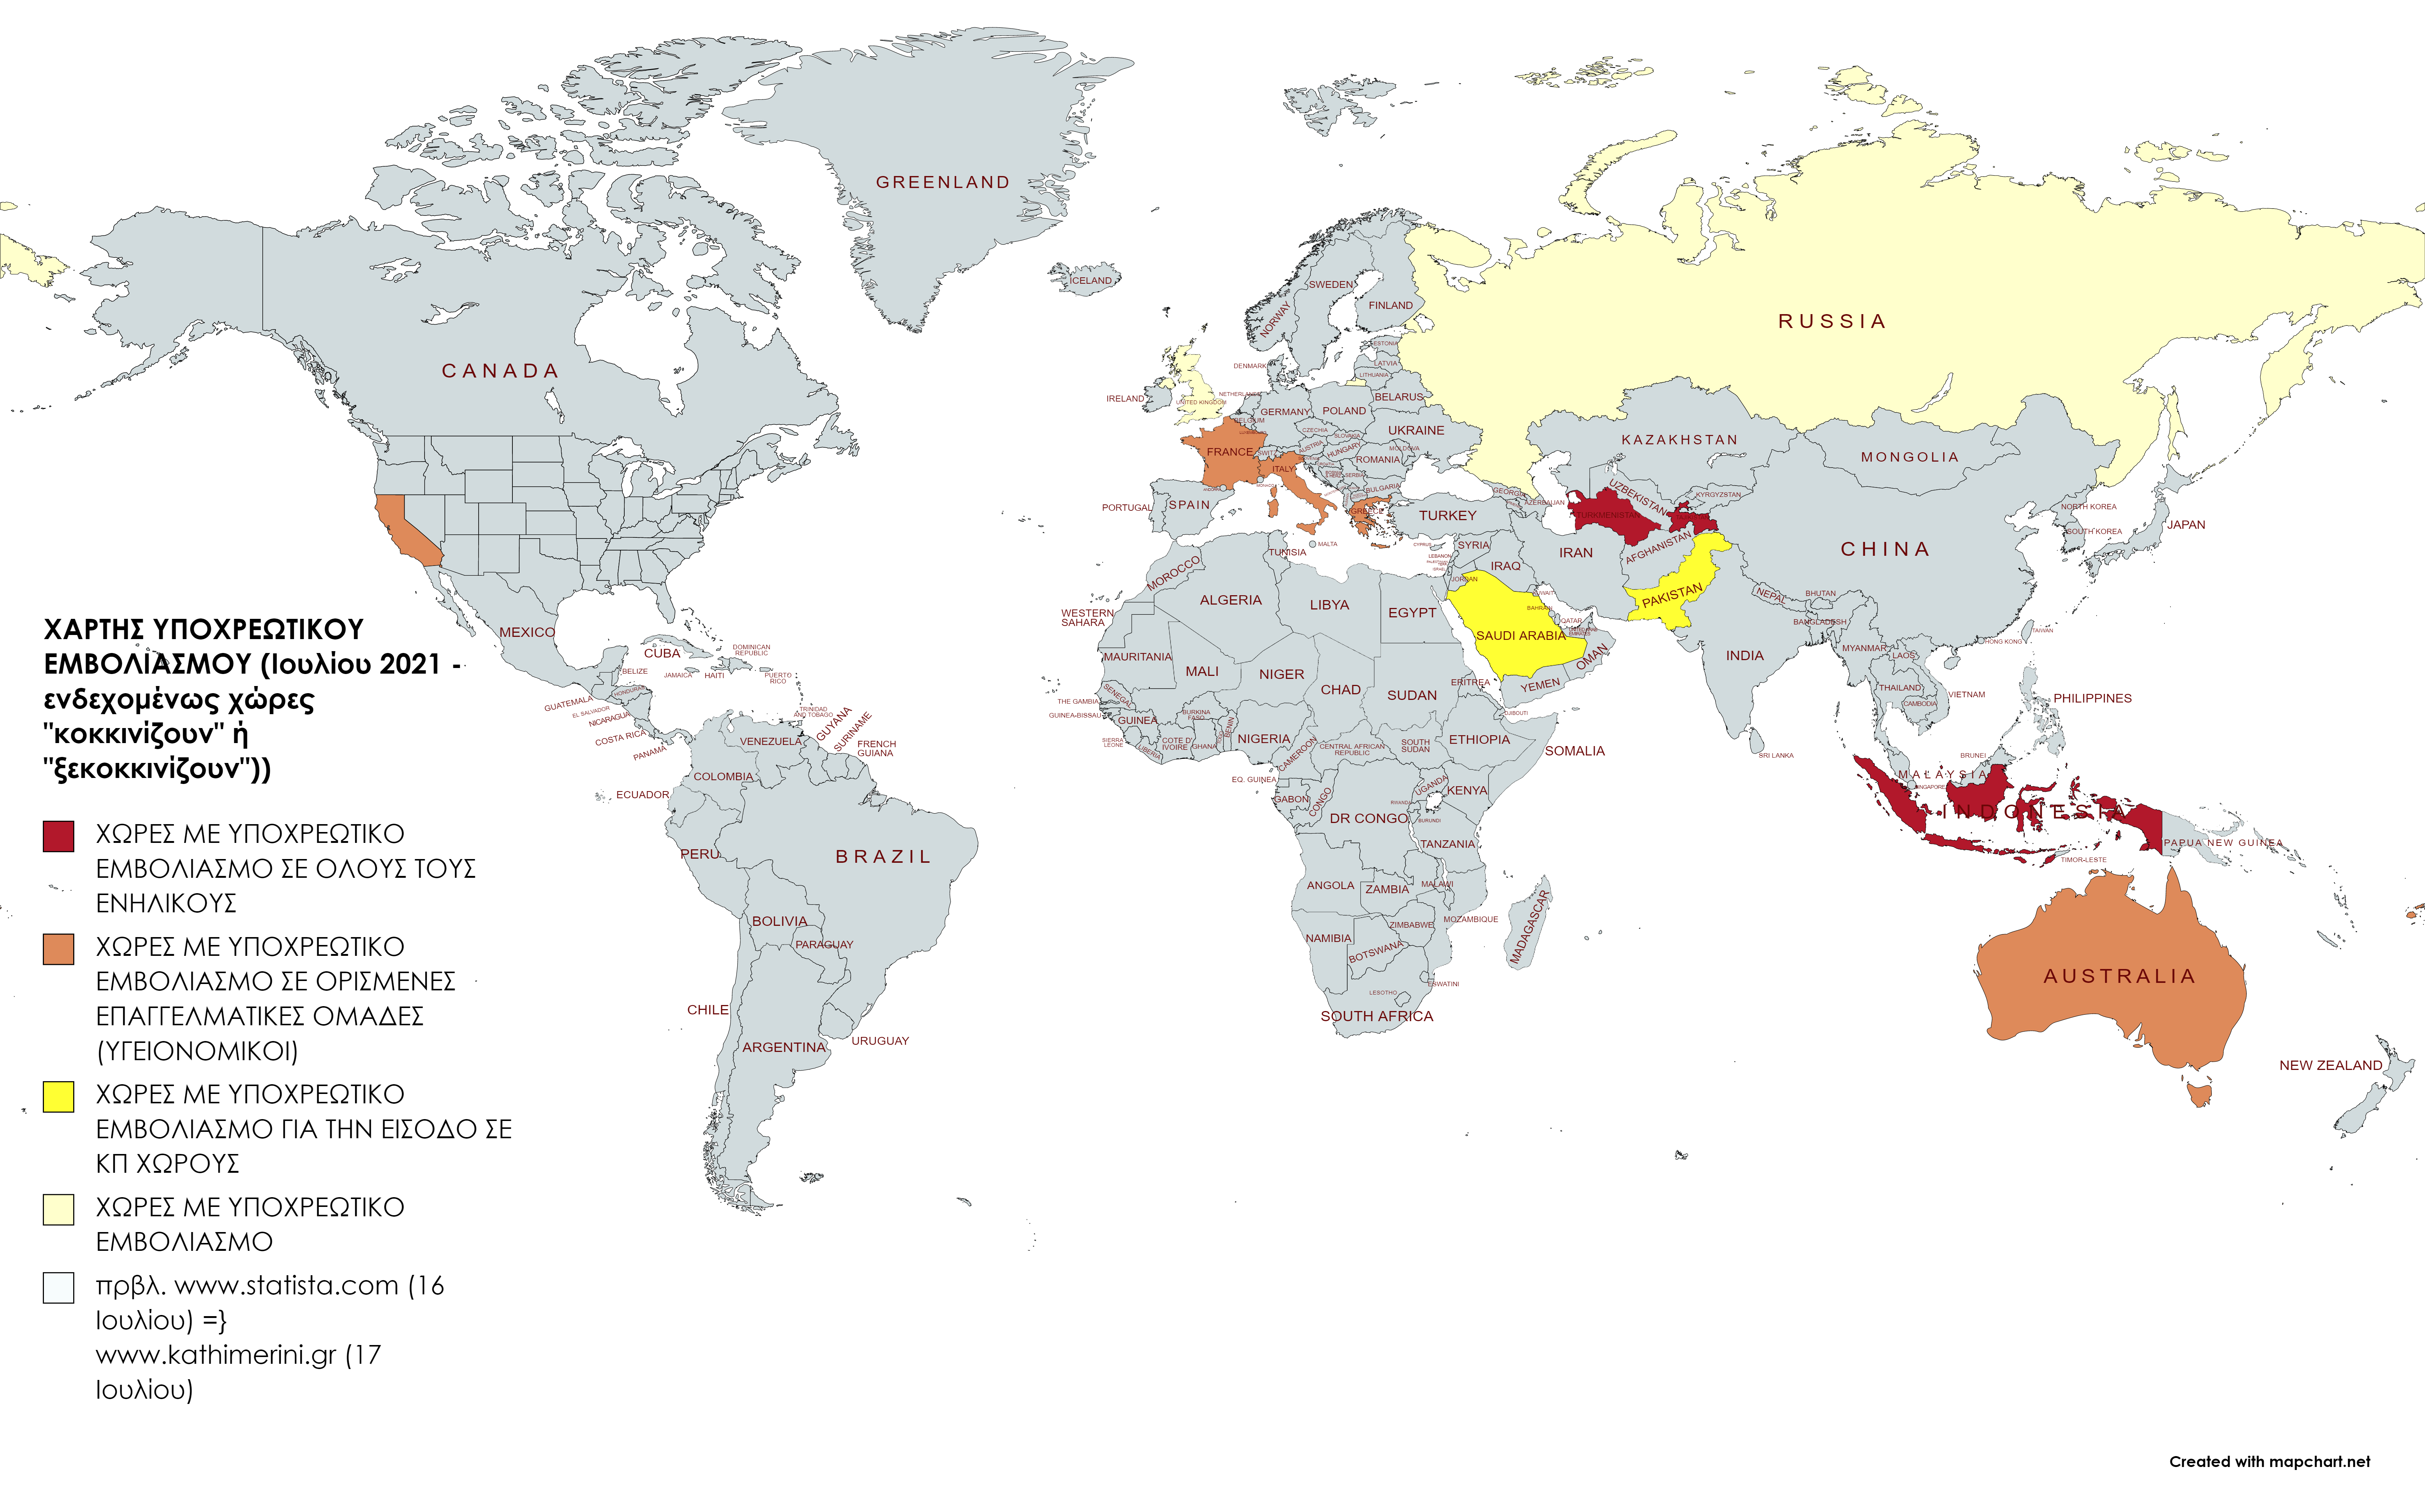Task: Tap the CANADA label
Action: [x=500, y=371]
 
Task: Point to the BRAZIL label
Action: [x=883, y=857]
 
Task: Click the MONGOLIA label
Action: [x=1909, y=457]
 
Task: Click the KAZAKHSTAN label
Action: [x=1679, y=440]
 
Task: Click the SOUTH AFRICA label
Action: [x=1376, y=1017]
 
